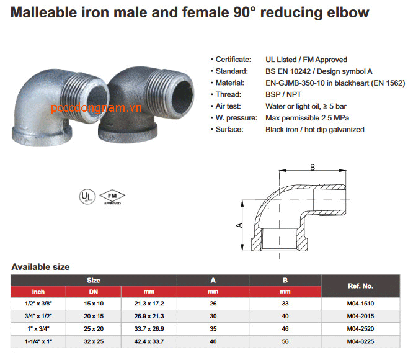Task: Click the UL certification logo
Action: tap(87, 196)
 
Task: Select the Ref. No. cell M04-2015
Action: tap(360, 316)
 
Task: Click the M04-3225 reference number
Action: tap(360, 341)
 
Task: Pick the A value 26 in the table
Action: tap(213, 304)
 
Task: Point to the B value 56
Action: tap(285, 341)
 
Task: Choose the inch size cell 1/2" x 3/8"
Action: tap(38, 304)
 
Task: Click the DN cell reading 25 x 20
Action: tap(94, 329)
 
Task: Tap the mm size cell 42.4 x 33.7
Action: tap(149, 341)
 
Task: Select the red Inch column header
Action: tap(38, 292)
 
